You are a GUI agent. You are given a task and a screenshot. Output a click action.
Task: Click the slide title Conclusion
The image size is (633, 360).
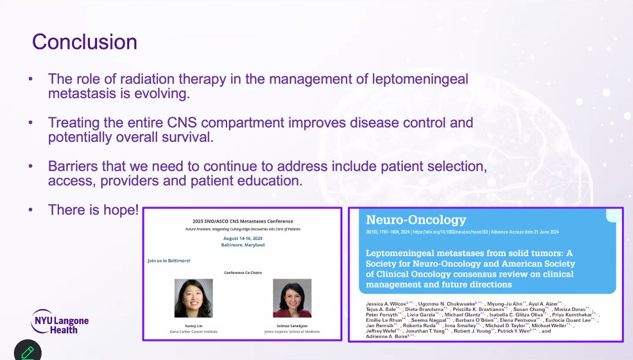click(x=85, y=42)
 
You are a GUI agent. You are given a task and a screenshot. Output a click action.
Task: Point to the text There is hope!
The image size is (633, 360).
click(x=93, y=209)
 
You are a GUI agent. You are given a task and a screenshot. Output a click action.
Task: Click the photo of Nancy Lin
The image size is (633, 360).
click(x=193, y=298)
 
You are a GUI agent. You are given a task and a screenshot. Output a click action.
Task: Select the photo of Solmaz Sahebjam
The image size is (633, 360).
click(x=292, y=298)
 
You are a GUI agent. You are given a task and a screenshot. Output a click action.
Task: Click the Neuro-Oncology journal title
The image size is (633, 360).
click(x=416, y=220)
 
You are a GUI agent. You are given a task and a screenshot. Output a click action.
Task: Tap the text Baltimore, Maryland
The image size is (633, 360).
click(x=243, y=245)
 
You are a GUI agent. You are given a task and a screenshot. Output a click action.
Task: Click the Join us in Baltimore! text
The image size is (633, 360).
click(x=169, y=261)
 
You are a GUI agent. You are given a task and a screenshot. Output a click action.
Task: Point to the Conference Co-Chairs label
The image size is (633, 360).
click(x=243, y=272)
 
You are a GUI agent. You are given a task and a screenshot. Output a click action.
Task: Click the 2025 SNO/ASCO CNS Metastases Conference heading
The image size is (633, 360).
click(x=243, y=221)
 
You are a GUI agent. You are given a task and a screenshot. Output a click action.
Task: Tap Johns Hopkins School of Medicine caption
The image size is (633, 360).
click(x=292, y=332)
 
